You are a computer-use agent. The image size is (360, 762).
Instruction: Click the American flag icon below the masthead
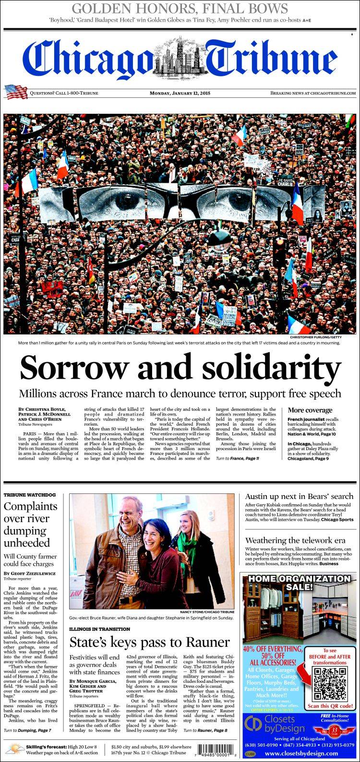pyautogui.click(x=16, y=92)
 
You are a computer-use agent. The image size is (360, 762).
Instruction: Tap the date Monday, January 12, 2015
pyautogui.click(x=180, y=93)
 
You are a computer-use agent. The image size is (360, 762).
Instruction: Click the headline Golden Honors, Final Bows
pyautogui.click(x=180, y=9)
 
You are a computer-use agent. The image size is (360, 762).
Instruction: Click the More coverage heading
pyautogui.click(x=310, y=410)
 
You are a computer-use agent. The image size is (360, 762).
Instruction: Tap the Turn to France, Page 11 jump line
pyautogui.click(x=238, y=459)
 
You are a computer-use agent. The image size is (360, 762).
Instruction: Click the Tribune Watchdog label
pyautogui.click(x=30, y=495)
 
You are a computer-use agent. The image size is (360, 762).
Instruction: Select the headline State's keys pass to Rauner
pyautogui.click(x=149, y=643)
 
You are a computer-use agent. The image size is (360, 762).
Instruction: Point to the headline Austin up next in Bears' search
pyautogui.click(x=299, y=496)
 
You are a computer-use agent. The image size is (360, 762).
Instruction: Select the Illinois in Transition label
pyautogui.click(x=99, y=629)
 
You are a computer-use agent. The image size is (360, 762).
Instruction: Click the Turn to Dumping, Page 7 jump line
pyautogui.click(x=27, y=730)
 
